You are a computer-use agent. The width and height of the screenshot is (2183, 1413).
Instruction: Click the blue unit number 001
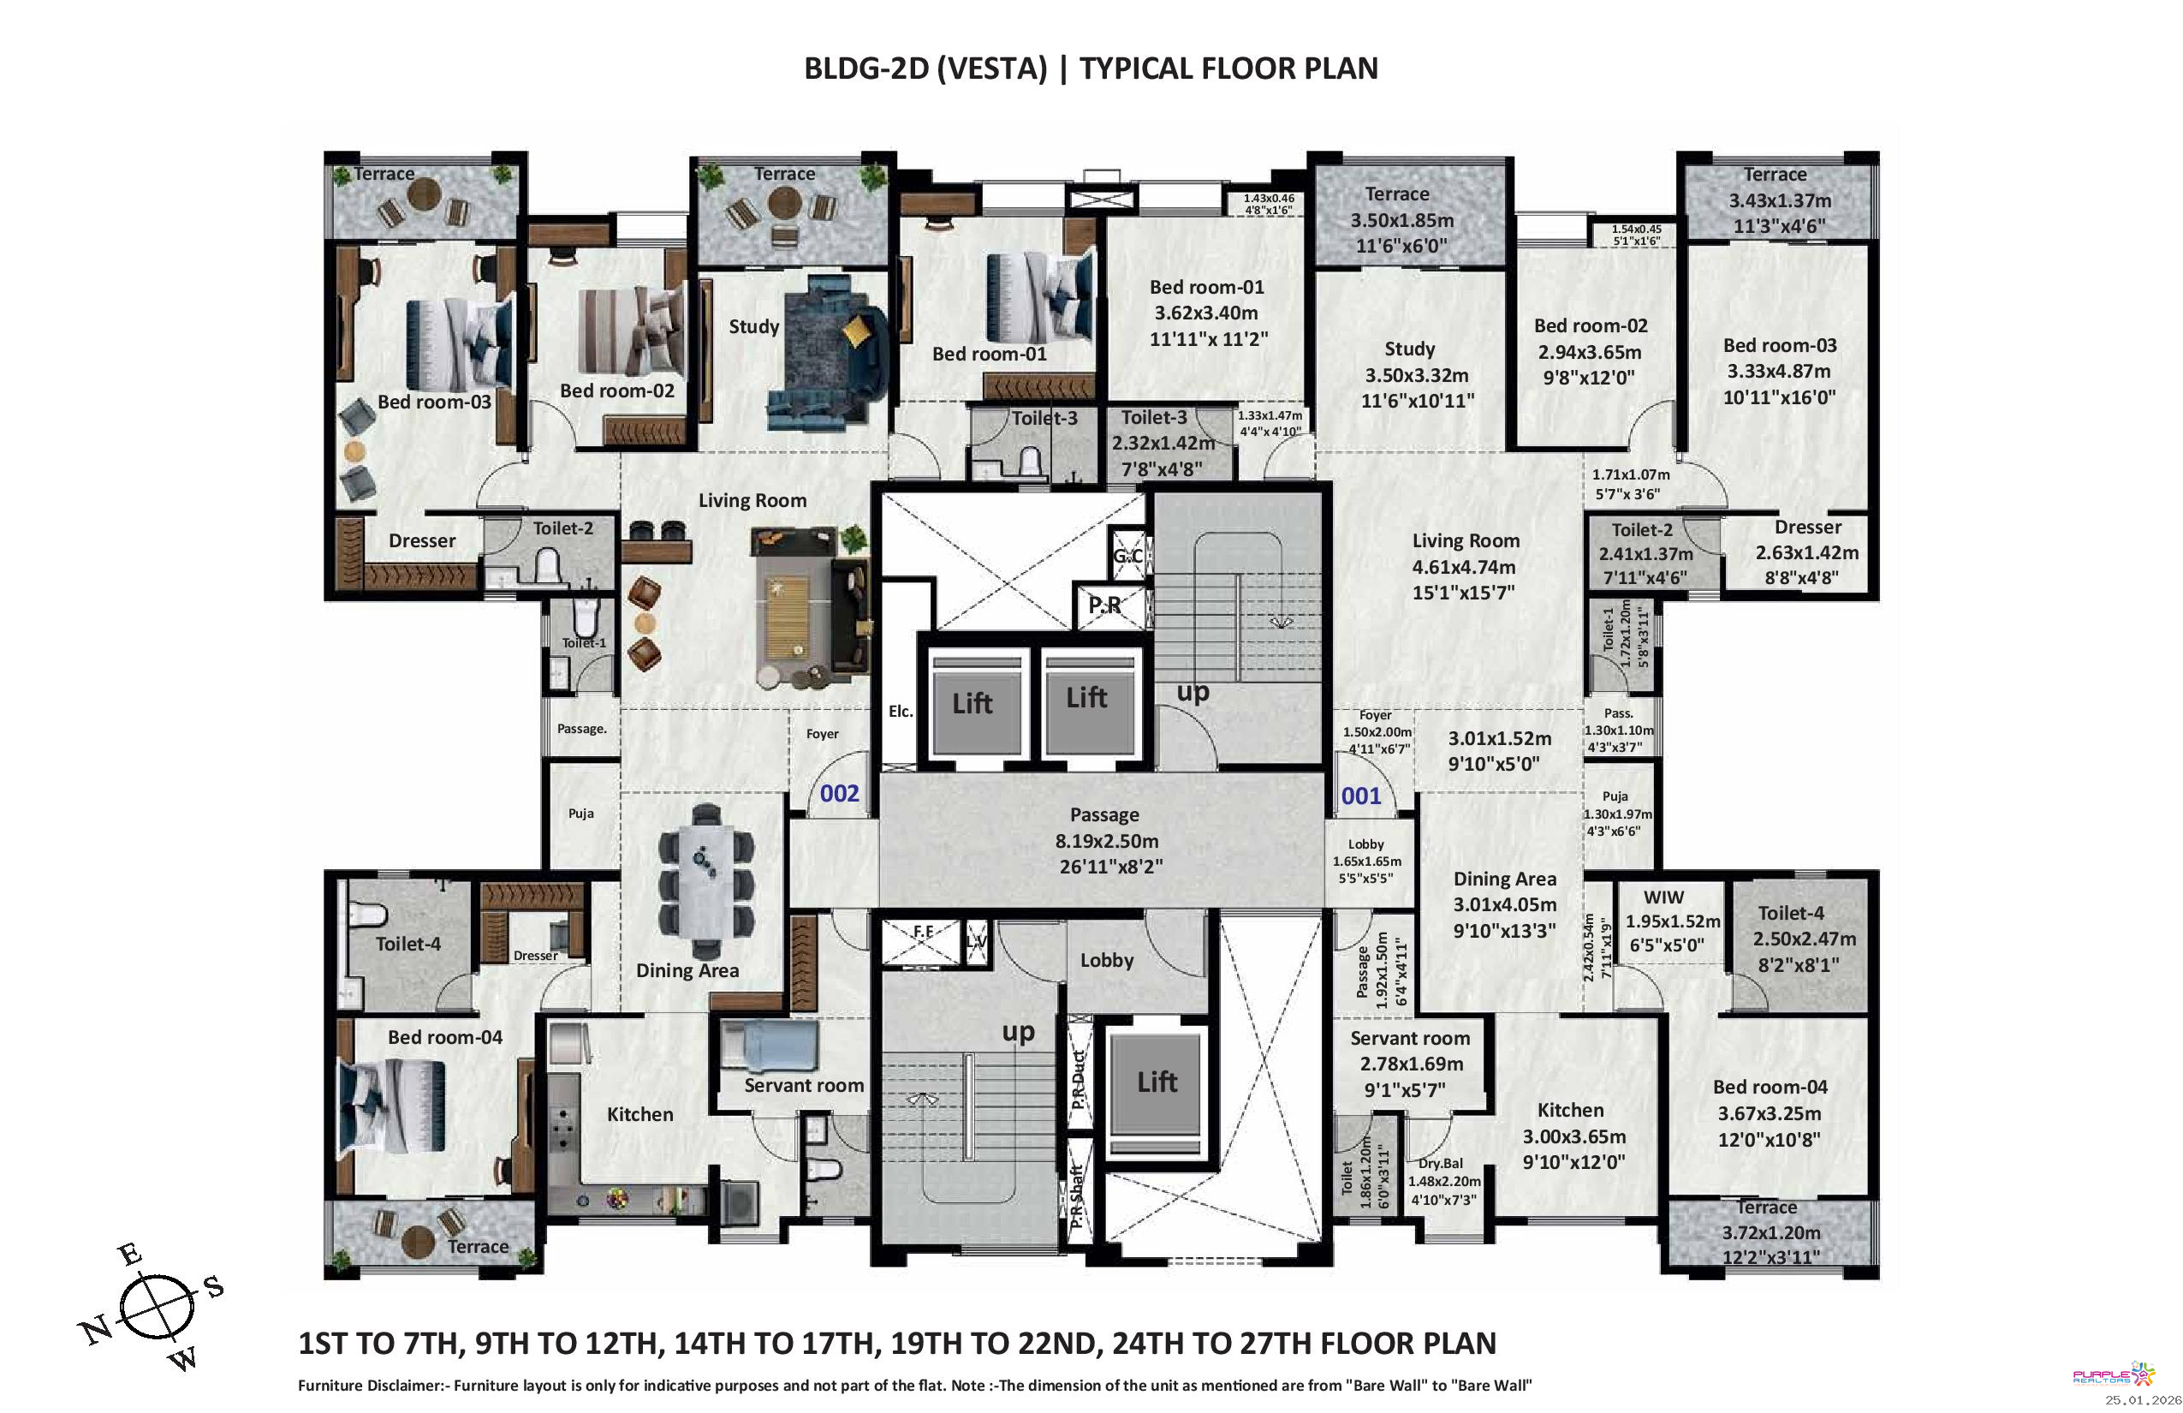pos(1361,796)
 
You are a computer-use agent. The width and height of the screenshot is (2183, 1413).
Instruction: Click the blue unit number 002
pos(839,794)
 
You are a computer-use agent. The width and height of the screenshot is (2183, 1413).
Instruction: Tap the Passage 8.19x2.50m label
pos(1107,840)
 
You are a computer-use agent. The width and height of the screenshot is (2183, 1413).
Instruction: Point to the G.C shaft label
pos(1127,555)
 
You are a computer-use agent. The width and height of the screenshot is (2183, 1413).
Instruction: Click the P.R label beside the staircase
pos(1104,605)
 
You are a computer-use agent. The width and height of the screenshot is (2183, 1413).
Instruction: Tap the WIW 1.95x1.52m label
pos(1673,921)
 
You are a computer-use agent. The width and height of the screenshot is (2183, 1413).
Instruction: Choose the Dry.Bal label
pos(1441,1163)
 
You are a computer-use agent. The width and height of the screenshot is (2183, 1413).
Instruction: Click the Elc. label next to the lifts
pos(901,711)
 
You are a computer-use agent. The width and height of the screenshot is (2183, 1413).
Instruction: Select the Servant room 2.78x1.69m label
pos(1411,1064)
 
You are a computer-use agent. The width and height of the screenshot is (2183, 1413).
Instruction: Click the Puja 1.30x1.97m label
pos(1618,814)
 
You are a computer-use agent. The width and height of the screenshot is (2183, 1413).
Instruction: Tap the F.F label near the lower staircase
pos(923,932)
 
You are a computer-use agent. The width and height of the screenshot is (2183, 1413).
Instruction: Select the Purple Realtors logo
pos(2114,1374)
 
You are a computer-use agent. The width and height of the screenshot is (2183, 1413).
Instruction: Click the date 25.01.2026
pos(2142,1400)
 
